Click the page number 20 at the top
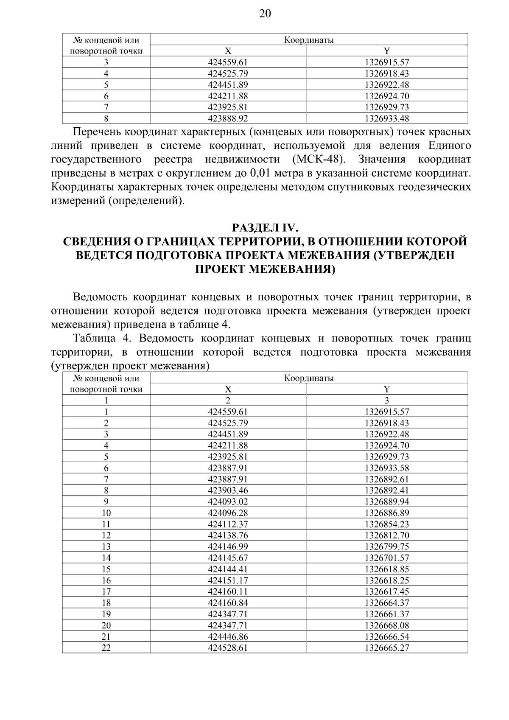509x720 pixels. tap(264, 14)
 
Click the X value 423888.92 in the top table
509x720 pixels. tap(228, 118)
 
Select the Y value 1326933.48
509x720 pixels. tap(387, 118)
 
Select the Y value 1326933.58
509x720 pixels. tap(387, 468)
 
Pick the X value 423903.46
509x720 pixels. tap(228, 490)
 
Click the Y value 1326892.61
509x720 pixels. tap(387, 479)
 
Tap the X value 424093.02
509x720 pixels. tap(228, 501)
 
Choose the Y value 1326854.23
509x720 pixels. tap(387, 524)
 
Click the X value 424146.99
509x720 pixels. tap(228, 546)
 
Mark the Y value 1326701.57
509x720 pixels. tap(387, 558)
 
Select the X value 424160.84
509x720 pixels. tap(228, 603)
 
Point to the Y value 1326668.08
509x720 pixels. tap(387, 625)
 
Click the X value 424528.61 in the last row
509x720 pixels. tap(228, 648)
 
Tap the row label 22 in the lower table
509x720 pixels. tap(106, 648)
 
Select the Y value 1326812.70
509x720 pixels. tap(387, 535)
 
